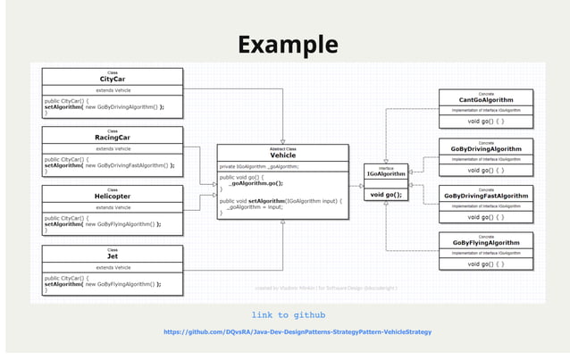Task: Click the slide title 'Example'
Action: pyautogui.click(x=287, y=44)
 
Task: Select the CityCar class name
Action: pyautogui.click(x=113, y=80)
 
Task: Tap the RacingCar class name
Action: pyautogui.click(x=113, y=138)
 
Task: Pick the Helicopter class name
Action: pyautogui.click(x=113, y=197)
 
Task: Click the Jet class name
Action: pyautogui.click(x=113, y=255)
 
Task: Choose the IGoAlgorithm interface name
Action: pyautogui.click(x=386, y=173)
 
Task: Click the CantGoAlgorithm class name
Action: pyautogui.click(x=486, y=100)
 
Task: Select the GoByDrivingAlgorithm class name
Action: pyautogui.click(x=486, y=148)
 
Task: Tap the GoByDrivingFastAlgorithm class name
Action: pyautogui.click(x=486, y=196)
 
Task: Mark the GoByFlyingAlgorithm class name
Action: pyautogui.click(x=486, y=243)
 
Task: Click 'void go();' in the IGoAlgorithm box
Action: pyautogui.click(x=386, y=194)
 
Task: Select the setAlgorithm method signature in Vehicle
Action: pyautogui.click(x=281, y=201)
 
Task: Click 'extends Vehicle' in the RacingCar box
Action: pyautogui.click(x=113, y=149)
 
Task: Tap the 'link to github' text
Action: pyautogui.click(x=288, y=315)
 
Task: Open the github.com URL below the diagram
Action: pyautogui.click(x=297, y=331)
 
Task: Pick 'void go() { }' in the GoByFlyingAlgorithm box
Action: pyautogui.click(x=486, y=264)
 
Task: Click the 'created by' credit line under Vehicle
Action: pyautogui.click(x=326, y=288)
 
